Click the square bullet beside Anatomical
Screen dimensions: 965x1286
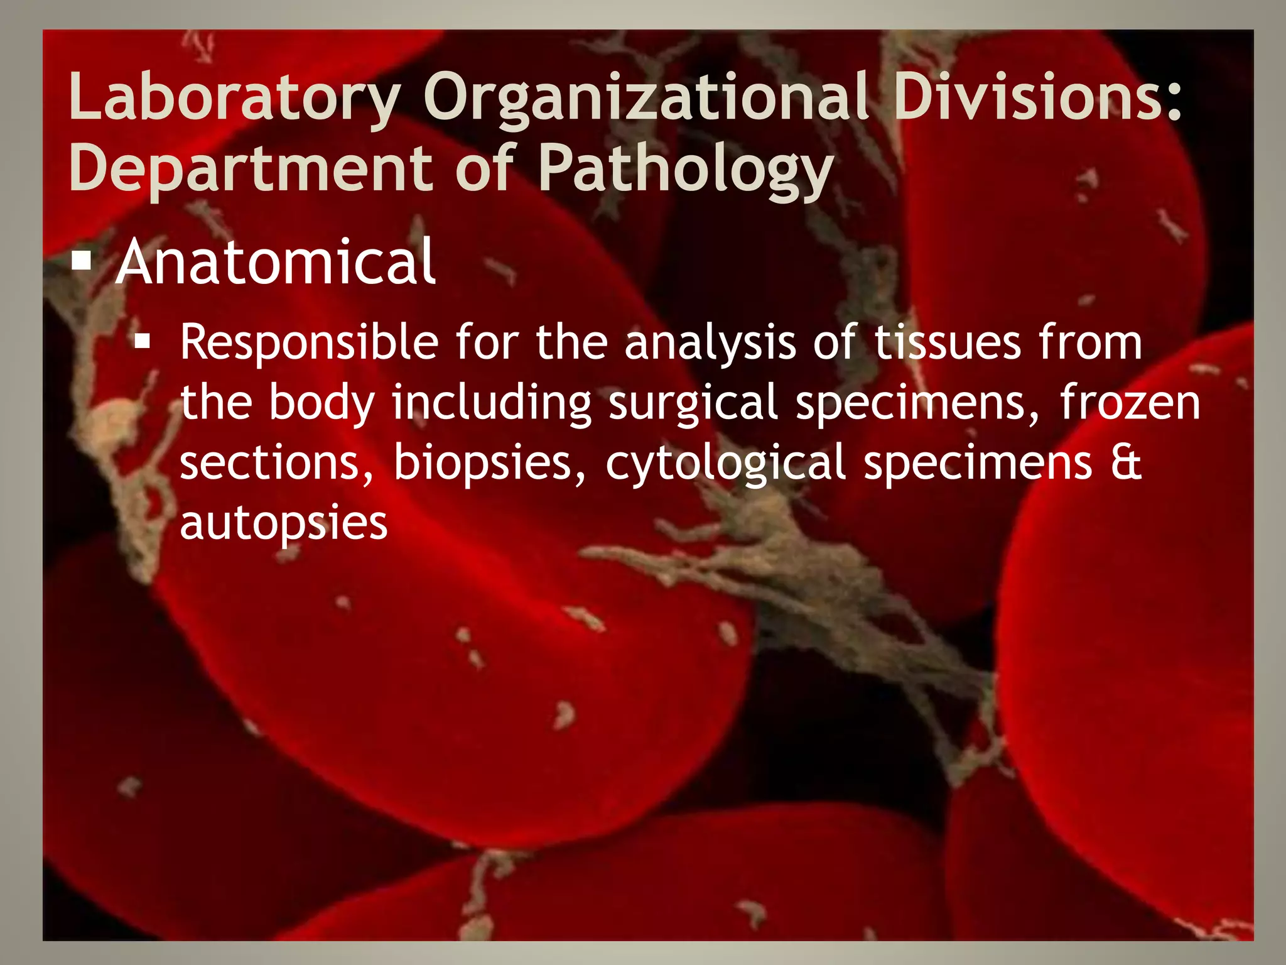point(82,260)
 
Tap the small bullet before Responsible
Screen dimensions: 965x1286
point(143,342)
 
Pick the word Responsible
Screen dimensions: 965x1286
point(309,343)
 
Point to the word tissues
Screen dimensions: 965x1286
point(948,343)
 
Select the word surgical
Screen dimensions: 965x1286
point(693,403)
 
